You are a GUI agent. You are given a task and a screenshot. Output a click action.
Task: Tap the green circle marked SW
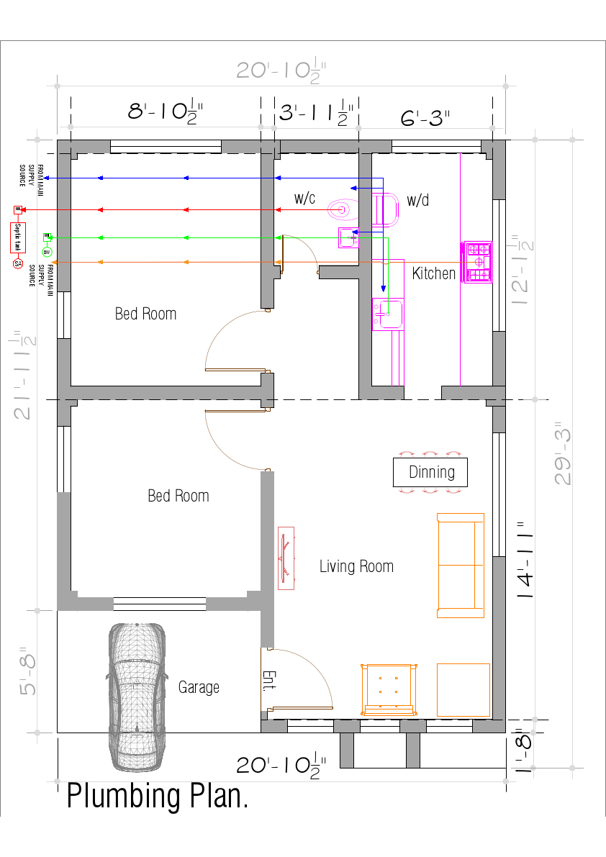pos(46,252)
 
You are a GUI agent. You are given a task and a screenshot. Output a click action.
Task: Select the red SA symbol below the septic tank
pos(17,264)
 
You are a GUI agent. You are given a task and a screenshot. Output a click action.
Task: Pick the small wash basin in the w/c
pos(348,237)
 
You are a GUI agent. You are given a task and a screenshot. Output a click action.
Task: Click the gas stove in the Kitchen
pos(476,263)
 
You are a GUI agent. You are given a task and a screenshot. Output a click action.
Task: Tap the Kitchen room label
pos(433,273)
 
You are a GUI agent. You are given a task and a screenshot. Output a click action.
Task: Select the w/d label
pos(417,200)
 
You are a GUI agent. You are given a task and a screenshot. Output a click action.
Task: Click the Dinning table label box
pos(430,472)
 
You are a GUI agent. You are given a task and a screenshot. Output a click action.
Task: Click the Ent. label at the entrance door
pos(268,680)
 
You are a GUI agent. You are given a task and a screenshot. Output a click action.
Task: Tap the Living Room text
pos(356,566)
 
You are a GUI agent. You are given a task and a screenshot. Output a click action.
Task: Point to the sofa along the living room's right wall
pos(460,566)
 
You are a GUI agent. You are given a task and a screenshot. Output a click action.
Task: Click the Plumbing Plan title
pos(158,797)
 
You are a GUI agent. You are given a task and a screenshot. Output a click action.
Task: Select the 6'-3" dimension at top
pos(425,117)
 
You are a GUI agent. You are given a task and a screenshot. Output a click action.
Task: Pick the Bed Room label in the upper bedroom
pos(145,314)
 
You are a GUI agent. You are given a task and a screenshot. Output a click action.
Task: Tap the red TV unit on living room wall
pos(286,558)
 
